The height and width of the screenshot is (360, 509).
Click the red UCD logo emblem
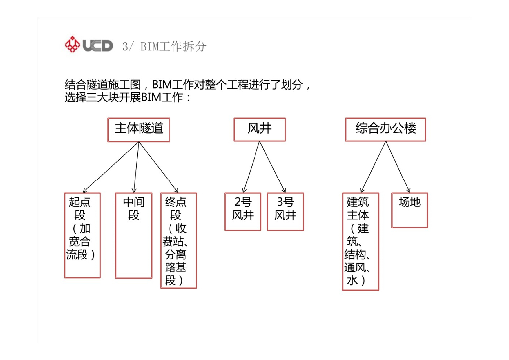[72, 45]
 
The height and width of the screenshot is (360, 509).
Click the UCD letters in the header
[97, 45]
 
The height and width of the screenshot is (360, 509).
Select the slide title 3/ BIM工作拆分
[164, 46]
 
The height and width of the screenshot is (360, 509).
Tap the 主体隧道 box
[139, 129]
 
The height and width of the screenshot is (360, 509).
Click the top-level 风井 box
[259, 129]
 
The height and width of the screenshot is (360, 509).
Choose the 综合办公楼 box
[386, 129]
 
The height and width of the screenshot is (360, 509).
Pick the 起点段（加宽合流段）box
[82, 235]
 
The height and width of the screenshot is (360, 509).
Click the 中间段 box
[133, 235]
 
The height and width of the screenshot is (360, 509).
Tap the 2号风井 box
[243, 212]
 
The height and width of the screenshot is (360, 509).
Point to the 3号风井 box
[285, 212]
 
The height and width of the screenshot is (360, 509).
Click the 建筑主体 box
[360, 242]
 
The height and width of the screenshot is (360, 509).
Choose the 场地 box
[410, 210]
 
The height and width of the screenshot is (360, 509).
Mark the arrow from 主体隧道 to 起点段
[110, 168]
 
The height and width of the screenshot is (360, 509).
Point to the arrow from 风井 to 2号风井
[251, 167]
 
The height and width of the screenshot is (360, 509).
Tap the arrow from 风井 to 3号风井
[272, 167]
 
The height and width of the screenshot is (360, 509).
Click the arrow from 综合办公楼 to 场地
[398, 167]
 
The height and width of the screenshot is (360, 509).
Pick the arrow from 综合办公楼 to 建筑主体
[373, 167]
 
